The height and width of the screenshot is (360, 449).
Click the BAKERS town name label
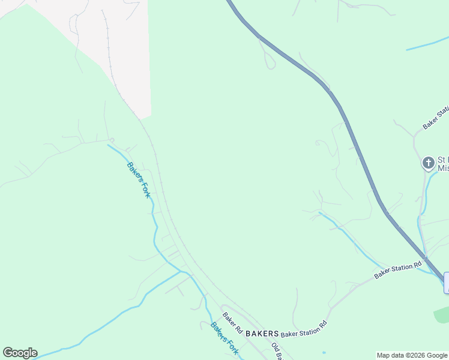[x=262, y=333]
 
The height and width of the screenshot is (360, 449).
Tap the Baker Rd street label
[x=232, y=323]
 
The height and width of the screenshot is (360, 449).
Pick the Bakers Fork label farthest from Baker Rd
[x=137, y=179]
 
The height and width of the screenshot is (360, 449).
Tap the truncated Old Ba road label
[x=276, y=350]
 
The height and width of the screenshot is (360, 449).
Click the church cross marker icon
[x=428, y=163]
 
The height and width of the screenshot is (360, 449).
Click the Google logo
[x=20, y=353]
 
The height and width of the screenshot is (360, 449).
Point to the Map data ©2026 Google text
[x=412, y=355]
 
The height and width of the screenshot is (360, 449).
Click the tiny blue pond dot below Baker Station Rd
[x=324, y=352]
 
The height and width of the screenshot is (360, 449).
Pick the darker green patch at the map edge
[x=442, y=314]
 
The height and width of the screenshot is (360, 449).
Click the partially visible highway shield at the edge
[x=446, y=283]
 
